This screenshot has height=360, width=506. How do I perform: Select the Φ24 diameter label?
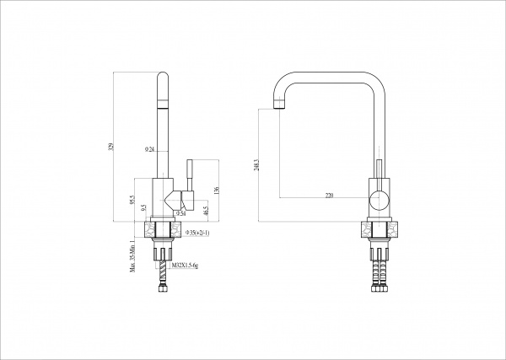(x=149, y=149)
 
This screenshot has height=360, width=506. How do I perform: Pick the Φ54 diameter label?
(x=180, y=214)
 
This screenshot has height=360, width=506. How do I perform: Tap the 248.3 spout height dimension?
(x=255, y=166)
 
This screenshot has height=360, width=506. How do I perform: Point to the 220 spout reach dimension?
(x=329, y=196)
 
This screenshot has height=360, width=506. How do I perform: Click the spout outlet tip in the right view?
(x=277, y=106)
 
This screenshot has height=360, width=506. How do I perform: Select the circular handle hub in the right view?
(x=379, y=201)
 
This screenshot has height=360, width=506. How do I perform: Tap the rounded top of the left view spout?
(x=162, y=77)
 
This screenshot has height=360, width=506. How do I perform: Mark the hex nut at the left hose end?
(x=162, y=289)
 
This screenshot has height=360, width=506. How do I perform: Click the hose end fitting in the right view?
(x=379, y=289)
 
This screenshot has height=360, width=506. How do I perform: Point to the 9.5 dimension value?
(x=144, y=207)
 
